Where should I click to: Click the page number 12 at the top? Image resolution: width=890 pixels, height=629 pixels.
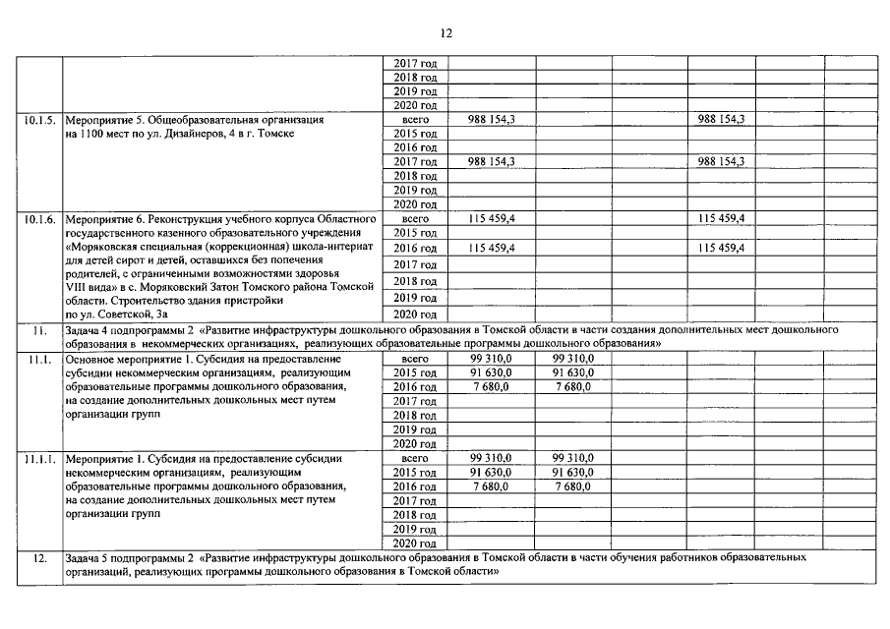445,32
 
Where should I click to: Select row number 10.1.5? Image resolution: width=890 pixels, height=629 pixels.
40,119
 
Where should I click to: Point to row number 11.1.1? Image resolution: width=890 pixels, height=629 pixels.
40,459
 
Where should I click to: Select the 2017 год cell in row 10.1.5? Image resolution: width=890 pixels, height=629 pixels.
415,161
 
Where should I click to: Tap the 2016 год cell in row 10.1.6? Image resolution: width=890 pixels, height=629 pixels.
415,248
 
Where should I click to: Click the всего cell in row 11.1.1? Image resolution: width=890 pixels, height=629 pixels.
415,459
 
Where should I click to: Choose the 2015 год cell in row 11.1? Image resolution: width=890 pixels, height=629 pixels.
415,373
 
